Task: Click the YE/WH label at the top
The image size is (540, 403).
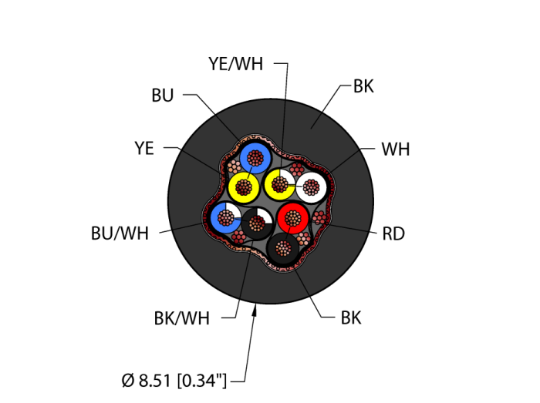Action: tap(235, 65)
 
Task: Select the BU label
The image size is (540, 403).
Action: tap(162, 96)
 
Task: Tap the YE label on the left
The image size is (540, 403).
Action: tap(144, 149)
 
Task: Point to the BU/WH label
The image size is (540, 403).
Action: tap(120, 232)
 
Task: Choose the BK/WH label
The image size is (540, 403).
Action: tap(181, 317)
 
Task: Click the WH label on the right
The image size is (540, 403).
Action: tap(395, 149)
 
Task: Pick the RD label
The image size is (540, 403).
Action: tap(393, 233)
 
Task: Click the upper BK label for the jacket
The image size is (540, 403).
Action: tap(363, 86)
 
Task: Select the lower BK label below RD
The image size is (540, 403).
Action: tap(351, 317)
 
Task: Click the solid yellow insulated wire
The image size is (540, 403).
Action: tap(245, 186)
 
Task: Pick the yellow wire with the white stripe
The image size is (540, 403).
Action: tap(279, 185)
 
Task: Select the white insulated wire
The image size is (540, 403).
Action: tap(312, 186)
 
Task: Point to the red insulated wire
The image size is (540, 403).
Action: tap(292, 219)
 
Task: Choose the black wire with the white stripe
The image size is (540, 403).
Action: tap(256, 223)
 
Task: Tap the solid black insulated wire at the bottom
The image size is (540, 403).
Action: tap(284, 249)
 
